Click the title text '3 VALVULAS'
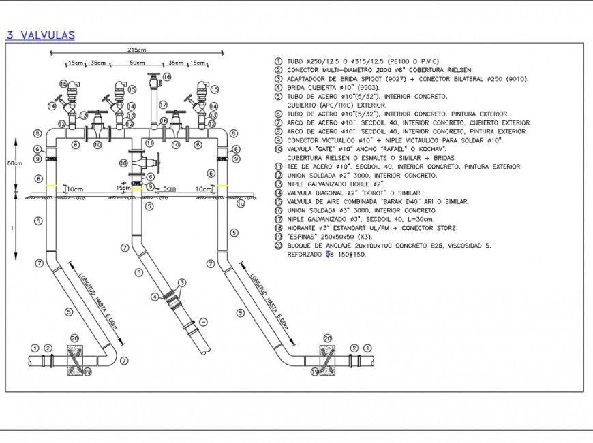(40, 36)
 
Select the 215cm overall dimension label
(136, 50)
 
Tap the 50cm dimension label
(137, 63)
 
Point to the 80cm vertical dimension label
(14, 163)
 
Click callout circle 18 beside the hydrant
(167, 78)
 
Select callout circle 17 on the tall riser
(164, 104)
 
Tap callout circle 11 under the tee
(149, 144)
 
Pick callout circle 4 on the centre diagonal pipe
(155, 296)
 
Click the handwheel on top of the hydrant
(153, 76)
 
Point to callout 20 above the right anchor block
(327, 338)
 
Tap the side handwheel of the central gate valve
(158, 163)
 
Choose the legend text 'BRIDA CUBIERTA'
(310, 87)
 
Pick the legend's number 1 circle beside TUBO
(277, 61)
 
